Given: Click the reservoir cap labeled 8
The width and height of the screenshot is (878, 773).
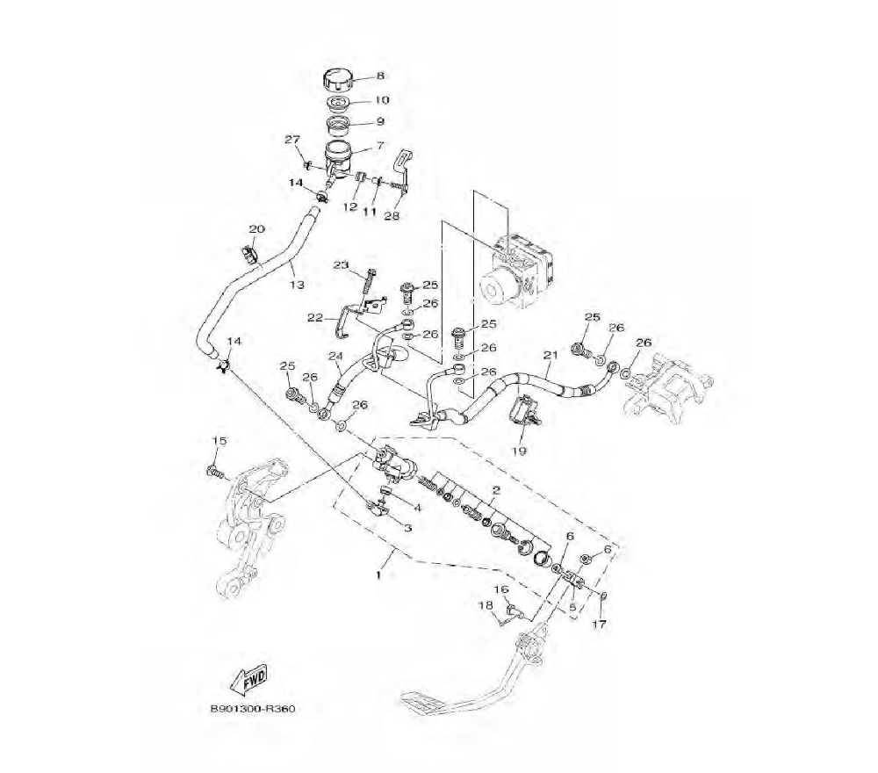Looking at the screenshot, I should (337, 79).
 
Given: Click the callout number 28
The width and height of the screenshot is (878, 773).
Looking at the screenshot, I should (392, 216).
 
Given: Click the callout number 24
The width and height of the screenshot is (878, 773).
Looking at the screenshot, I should (335, 356).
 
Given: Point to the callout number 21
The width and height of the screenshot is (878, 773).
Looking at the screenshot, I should (551, 355).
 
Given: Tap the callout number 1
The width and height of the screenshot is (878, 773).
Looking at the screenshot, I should (378, 574).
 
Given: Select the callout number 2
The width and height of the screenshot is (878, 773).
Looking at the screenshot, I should (496, 489).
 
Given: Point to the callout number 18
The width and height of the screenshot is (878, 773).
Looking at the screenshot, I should (485, 605).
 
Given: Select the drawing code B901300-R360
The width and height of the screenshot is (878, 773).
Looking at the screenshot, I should (252, 709).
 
